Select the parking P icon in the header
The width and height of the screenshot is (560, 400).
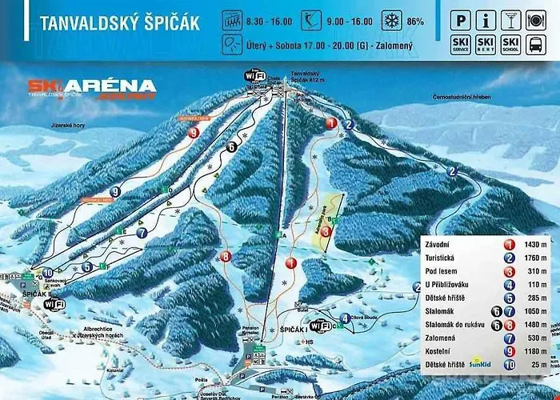click(x=462, y=18)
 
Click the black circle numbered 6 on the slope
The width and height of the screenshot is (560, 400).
click(x=230, y=146)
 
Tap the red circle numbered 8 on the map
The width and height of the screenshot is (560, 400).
click(x=226, y=257)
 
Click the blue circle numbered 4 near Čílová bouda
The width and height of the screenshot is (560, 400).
click(x=345, y=318)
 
